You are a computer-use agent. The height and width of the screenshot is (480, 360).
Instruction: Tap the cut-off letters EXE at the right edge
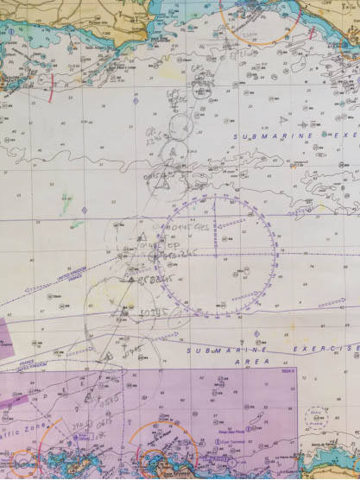click(344, 136)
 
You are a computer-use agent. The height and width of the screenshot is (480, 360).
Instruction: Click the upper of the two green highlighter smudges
click(65, 200)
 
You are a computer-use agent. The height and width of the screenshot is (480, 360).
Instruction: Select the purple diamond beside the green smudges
click(85, 210)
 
